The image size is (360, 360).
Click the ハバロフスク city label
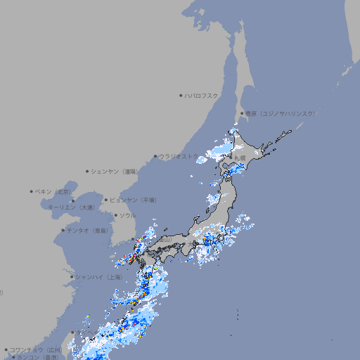[x=202, y=95]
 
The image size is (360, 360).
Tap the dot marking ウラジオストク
[x=155, y=156]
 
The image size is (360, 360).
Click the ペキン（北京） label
[x=55, y=191]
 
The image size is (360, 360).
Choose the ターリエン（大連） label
[x=71, y=207]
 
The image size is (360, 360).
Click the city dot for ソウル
[x=115, y=215]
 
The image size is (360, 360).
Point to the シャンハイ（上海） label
[x=99, y=277]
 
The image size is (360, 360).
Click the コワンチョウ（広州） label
[x=36, y=349]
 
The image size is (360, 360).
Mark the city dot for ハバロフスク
[x=181, y=95]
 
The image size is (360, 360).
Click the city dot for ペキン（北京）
[x=32, y=191]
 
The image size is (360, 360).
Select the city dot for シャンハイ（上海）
[x=72, y=277]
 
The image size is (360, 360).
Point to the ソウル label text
[x=127, y=215]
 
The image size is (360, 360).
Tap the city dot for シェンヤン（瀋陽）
[x=87, y=171]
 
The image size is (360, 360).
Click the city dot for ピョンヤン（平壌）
[x=106, y=200]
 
